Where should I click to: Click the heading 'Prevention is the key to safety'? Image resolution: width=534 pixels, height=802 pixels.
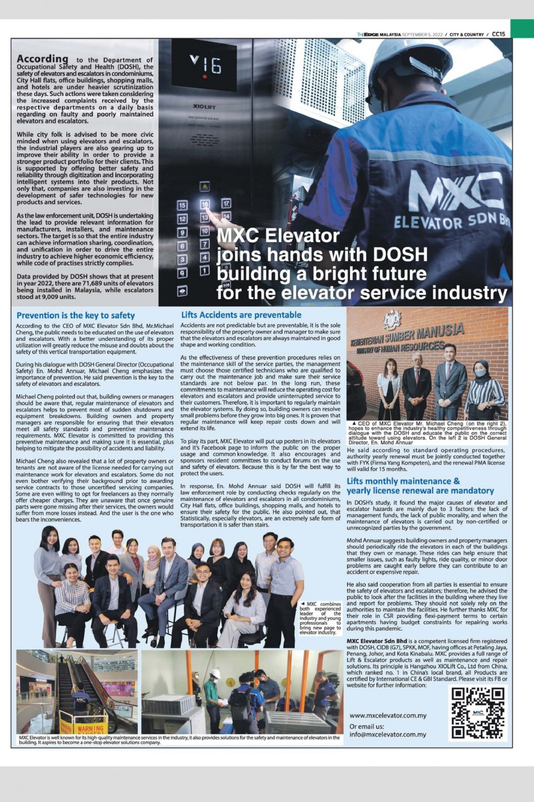tap(76, 315)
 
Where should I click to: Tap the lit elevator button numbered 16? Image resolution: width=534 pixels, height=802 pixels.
tap(205, 205)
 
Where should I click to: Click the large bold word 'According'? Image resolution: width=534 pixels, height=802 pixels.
tap(43, 58)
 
